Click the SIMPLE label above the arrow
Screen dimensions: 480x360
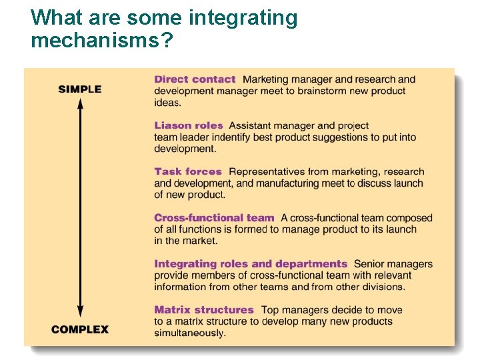point(79,89)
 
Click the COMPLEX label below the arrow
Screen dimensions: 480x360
point(79,329)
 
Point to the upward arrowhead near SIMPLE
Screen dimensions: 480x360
point(80,103)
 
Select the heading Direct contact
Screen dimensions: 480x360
point(195,79)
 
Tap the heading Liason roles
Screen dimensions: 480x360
point(189,125)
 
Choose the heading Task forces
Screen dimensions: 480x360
point(188,171)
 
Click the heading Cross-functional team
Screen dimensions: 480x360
point(214,217)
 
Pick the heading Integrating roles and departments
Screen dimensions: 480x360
point(251,264)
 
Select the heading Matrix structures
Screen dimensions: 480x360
point(204,310)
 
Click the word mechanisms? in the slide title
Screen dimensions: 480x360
point(102,41)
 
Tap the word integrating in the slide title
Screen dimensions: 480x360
point(243,17)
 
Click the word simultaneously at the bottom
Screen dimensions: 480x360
point(189,333)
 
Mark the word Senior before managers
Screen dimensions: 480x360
point(369,265)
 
